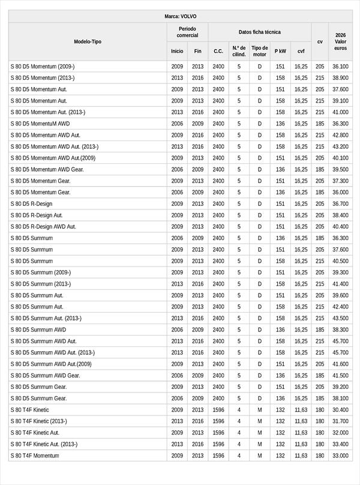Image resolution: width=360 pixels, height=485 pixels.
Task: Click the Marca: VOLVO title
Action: [180, 16]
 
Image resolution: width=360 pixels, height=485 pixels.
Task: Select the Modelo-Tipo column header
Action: [88, 41]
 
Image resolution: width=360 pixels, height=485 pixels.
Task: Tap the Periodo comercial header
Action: [187, 32]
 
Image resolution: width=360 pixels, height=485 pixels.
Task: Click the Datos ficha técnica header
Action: [259, 32]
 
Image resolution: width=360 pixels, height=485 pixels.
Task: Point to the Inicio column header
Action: [177, 51]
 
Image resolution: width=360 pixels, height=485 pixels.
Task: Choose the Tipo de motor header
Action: [260, 51]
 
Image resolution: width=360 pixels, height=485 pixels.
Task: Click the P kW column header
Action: [280, 51]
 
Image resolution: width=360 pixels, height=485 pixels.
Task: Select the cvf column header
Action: [301, 51]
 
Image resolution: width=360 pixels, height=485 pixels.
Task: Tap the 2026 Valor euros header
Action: [340, 41]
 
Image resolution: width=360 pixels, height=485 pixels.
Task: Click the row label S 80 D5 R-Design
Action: [31, 203]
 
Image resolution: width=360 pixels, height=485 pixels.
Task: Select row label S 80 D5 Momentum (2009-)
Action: [42, 66]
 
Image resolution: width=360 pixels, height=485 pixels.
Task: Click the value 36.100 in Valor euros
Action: [340, 66]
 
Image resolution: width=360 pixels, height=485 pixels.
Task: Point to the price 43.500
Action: [340, 318]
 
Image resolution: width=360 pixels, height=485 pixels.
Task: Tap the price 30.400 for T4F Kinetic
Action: [340, 409]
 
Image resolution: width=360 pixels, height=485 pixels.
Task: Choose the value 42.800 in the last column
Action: [340, 135]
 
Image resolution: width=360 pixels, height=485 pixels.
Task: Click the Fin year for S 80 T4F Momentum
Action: [198, 456]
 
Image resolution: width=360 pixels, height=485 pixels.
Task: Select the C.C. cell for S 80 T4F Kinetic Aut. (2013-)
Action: [218, 444]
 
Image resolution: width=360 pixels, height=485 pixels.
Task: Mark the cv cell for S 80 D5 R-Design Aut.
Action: [320, 215]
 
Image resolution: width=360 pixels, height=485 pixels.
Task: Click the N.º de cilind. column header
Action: [239, 51]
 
